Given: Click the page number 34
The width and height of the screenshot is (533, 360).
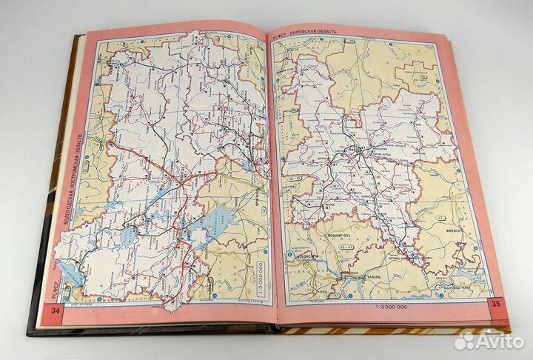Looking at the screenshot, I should (x=55, y=309).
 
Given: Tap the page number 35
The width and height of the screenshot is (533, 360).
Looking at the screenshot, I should (x=495, y=304).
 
